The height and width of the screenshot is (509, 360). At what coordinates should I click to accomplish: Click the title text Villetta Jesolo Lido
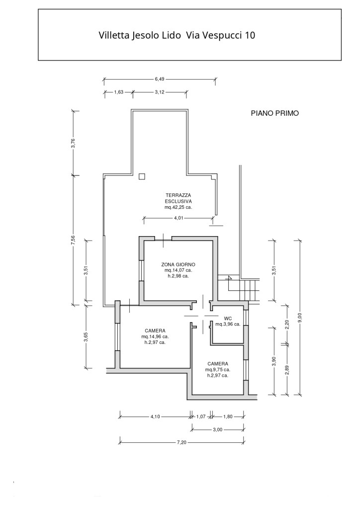141,36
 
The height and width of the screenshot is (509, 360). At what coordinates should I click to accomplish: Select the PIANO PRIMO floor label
274,113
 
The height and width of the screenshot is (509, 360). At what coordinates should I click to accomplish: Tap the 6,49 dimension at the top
160,79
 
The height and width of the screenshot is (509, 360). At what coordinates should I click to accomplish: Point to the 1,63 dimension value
119,92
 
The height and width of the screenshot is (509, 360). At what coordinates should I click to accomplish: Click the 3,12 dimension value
160,92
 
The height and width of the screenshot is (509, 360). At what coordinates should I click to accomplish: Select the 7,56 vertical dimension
73,240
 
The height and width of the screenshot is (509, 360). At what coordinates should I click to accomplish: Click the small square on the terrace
142,176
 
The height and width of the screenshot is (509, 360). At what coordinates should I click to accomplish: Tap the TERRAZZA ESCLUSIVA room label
179,198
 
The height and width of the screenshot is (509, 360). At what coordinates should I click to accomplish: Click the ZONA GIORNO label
179,264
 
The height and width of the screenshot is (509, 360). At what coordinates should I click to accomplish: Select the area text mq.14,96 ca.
155,337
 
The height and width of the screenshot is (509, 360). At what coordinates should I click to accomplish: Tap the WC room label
228,318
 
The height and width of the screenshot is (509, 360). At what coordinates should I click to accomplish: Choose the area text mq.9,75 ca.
218,369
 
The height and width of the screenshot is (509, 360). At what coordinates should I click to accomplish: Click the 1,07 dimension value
201,417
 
